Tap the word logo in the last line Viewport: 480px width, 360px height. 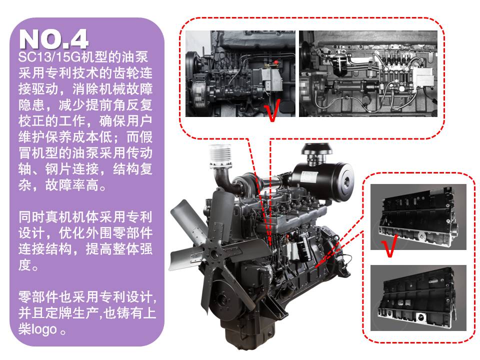(x=44, y=329)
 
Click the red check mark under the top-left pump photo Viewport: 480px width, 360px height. (x=271, y=110)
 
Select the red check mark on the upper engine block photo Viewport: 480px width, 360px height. (x=389, y=245)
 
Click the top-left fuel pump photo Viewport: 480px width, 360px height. (x=240, y=73)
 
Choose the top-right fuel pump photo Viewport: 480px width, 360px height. (x=368, y=73)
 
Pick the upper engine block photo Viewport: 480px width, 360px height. (x=418, y=216)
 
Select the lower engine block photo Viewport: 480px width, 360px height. (x=418, y=297)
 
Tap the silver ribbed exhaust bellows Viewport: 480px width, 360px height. (x=220, y=155)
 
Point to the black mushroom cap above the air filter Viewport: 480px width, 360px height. (x=317, y=149)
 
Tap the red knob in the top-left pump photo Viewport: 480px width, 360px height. (x=276, y=62)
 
